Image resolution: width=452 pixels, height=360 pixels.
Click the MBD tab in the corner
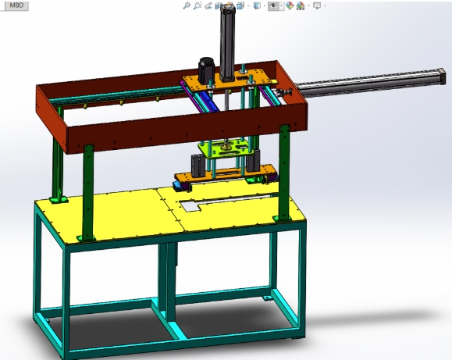15,5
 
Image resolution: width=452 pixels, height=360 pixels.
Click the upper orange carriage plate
234,82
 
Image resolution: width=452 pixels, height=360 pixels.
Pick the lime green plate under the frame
227,148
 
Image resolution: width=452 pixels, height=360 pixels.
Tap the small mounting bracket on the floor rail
268,297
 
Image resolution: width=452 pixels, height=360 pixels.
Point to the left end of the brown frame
49,109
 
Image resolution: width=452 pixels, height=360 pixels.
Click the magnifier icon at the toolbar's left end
186,5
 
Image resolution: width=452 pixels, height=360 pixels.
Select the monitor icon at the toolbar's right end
316,5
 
